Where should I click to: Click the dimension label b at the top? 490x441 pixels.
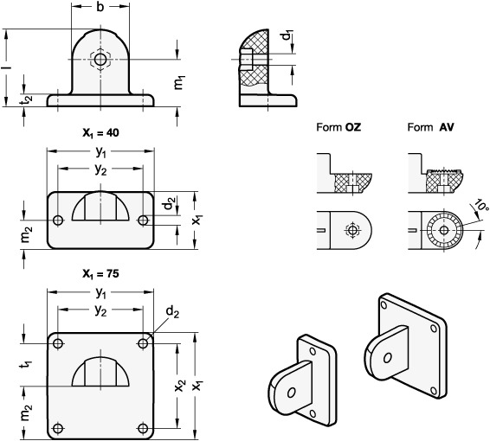click(100, 7)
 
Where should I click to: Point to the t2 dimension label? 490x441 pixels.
click(28, 99)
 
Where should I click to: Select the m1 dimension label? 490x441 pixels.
click(179, 82)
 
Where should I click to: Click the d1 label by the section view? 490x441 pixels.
click(287, 35)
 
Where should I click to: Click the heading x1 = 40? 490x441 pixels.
click(100, 133)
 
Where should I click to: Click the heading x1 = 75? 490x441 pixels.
click(100, 274)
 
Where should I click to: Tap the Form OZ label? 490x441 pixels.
click(338, 127)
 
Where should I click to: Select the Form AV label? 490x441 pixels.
click(430, 127)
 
